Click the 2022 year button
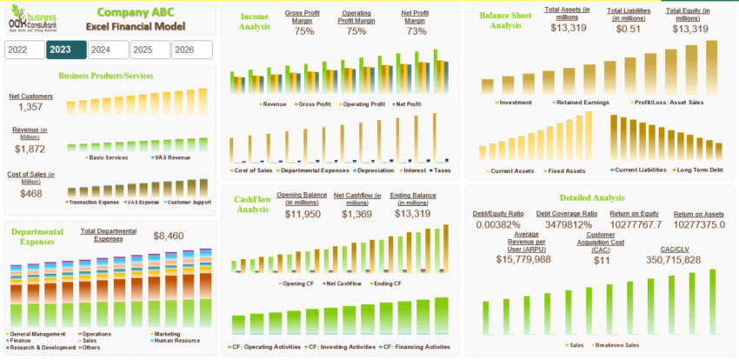coord(23,50)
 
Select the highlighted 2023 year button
coord(66,50)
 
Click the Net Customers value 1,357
coord(30,107)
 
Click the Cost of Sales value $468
coord(30,193)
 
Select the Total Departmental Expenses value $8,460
coord(169,236)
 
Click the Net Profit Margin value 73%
coord(416,31)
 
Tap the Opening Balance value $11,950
coord(303,214)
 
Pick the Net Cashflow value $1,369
coord(356,214)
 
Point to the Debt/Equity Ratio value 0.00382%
coord(498,225)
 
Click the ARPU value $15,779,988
coord(523,259)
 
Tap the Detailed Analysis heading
coord(591,197)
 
